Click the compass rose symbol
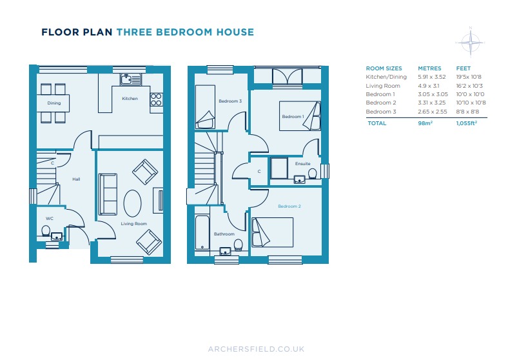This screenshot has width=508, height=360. [x=471, y=43]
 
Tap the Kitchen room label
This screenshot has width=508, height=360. [x=130, y=98]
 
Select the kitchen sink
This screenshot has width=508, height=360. [x=131, y=79]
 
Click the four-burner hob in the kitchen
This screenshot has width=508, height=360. [x=156, y=99]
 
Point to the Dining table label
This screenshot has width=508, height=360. [x=54, y=103]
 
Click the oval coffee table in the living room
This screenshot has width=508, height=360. [x=133, y=203]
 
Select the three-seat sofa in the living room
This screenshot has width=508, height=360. [x=108, y=194]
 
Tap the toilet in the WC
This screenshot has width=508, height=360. [x=46, y=231]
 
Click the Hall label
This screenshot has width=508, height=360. [x=76, y=179]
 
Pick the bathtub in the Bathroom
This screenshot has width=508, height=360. [x=202, y=232]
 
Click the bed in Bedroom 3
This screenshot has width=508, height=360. [x=205, y=107]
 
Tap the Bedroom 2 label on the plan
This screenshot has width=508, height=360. [x=289, y=206]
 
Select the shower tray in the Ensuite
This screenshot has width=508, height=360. [x=279, y=168]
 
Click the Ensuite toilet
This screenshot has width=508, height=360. [x=312, y=174]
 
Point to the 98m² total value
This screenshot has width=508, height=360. [x=425, y=123]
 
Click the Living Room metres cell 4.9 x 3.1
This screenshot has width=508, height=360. [x=429, y=86]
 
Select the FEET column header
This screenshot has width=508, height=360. [x=464, y=68]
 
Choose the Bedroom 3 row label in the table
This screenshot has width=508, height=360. [x=381, y=112]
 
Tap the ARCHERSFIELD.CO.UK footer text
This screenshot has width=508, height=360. [x=256, y=349]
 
